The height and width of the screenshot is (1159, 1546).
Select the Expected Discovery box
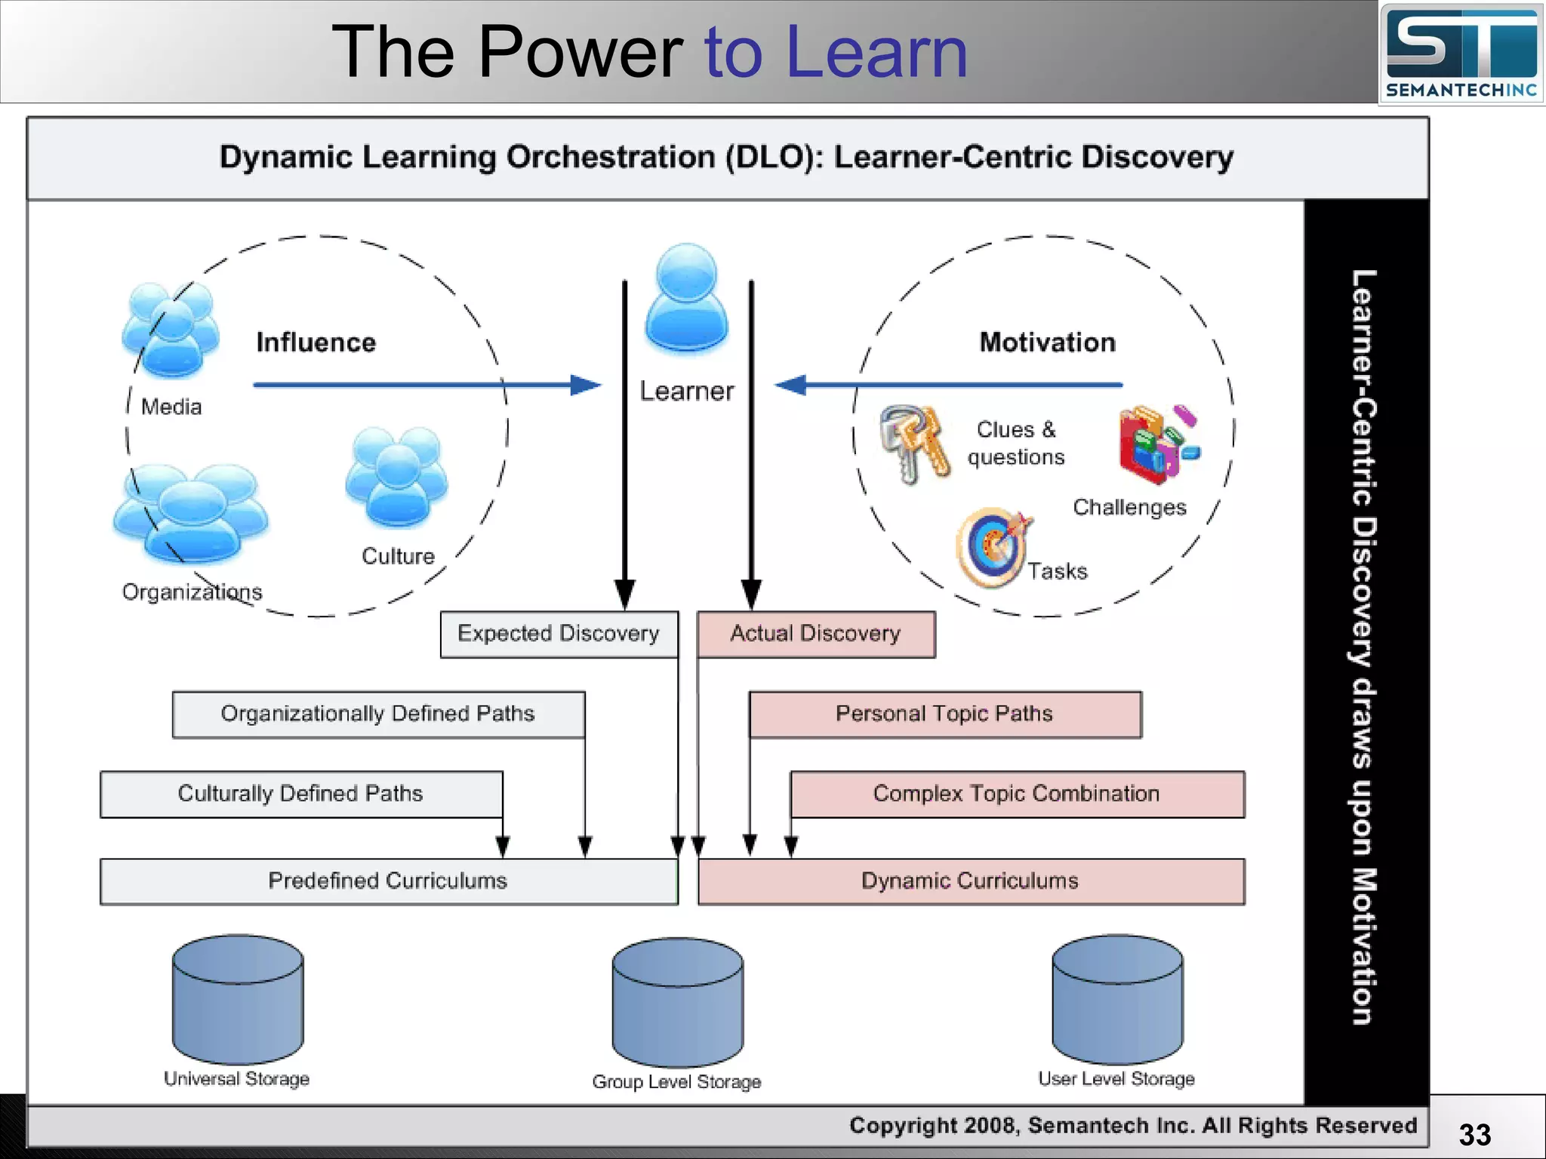[x=559, y=634]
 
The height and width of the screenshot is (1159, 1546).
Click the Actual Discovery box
[x=815, y=634]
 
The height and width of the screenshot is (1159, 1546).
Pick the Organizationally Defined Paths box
[x=378, y=714]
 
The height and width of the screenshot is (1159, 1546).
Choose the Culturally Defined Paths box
[x=300, y=794]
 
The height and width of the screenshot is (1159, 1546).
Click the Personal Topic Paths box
[x=944, y=714]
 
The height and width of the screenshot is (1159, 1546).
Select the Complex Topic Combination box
[x=1017, y=794]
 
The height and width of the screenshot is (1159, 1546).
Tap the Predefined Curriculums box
[x=388, y=881]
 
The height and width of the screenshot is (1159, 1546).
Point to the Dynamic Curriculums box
[x=970, y=881]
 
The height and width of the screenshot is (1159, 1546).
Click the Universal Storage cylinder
[x=238, y=1000]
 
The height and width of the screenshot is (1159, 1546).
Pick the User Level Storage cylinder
[x=1117, y=1000]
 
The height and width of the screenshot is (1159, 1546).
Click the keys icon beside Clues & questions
[x=914, y=444]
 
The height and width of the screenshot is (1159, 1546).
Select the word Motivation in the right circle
[x=1047, y=343]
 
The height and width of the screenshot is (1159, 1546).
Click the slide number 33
[x=1474, y=1135]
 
